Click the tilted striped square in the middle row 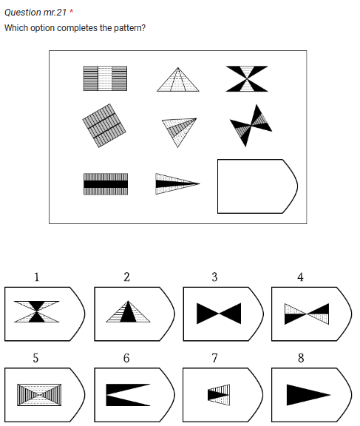104,125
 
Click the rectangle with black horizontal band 105,183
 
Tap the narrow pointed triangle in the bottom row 177,183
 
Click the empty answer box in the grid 255,186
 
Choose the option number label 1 36,277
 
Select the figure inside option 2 126,312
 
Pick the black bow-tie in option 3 218,314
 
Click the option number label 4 300,277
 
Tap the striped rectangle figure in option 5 38,394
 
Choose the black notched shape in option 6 126,394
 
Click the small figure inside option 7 219,394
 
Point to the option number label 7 214,358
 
